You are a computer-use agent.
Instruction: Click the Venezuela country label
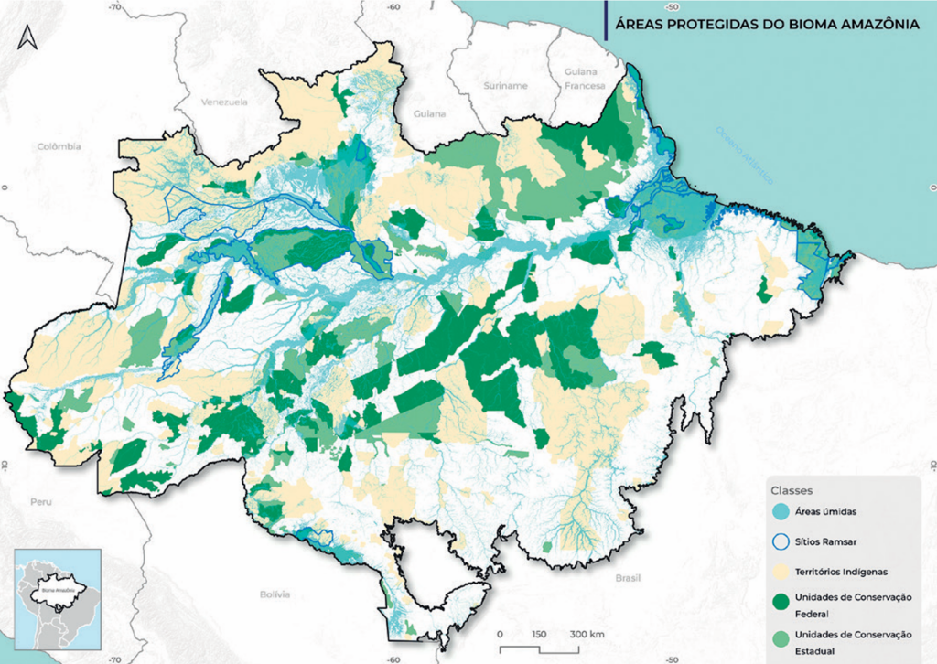[226, 102]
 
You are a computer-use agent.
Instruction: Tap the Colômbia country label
[59, 146]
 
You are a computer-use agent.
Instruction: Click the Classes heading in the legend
[792, 489]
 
